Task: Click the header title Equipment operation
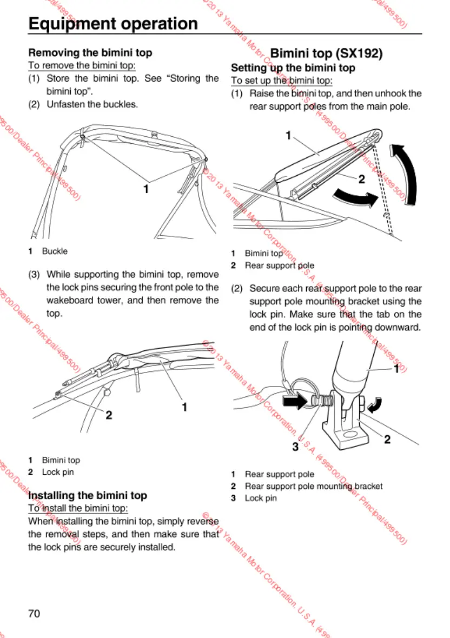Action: [113, 24]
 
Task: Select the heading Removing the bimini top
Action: [90, 53]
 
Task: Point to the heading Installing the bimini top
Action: [87, 495]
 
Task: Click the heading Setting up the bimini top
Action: [293, 68]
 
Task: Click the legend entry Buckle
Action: [55, 251]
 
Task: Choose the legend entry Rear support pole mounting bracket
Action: [313, 486]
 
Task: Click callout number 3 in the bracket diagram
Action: [295, 447]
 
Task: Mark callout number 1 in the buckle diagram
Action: [145, 189]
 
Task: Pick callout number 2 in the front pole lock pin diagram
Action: [109, 415]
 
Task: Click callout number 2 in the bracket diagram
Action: [387, 439]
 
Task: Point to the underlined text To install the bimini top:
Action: [78, 508]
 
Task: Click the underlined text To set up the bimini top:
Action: [281, 81]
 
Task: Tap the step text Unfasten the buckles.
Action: [92, 104]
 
